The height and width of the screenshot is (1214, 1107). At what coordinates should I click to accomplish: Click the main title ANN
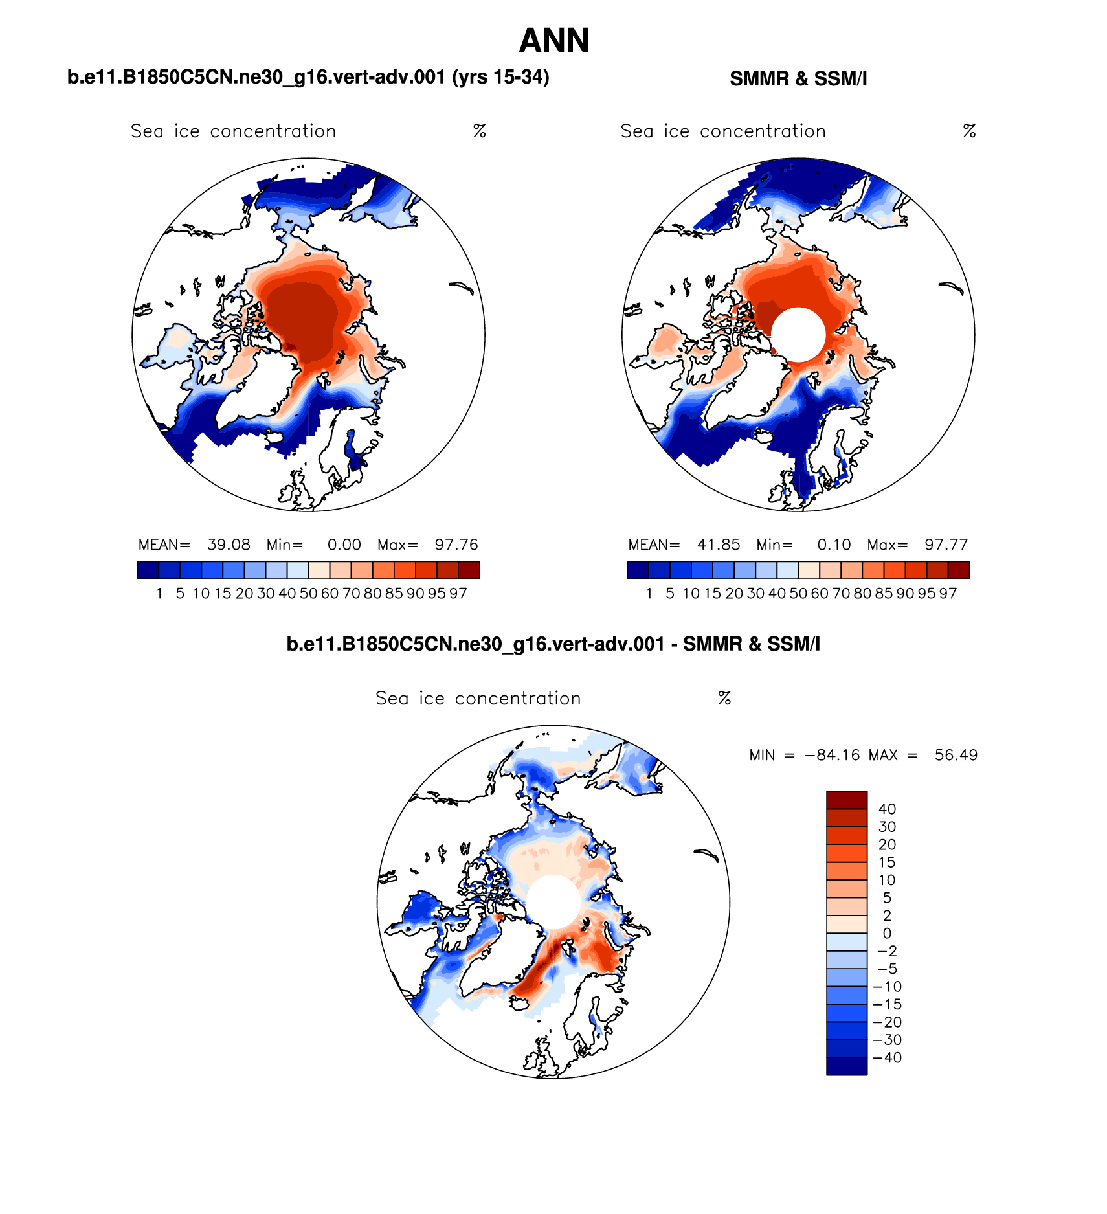pos(553,41)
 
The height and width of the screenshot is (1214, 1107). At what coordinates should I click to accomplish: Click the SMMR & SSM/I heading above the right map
pos(798,79)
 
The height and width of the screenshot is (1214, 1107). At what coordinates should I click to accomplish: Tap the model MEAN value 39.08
pos(229,545)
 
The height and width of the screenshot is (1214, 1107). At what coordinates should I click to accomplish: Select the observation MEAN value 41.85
pos(719,545)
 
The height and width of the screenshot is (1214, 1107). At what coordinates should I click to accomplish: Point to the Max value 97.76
pos(456,545)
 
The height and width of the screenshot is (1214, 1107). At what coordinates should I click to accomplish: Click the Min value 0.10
pos(834,545)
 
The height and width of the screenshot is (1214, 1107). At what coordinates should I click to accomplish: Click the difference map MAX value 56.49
pos(956,755)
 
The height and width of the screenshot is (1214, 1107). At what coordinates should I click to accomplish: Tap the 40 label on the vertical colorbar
pos(887,809)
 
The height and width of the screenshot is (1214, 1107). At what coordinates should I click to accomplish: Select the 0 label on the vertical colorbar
pos(887,933)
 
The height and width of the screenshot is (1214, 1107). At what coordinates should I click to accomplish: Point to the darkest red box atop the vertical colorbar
pos(846,800)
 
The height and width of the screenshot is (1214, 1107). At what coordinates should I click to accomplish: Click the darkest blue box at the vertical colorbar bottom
pos(846,1066)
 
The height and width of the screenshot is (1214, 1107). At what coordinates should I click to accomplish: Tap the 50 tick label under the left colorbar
pos(308,594)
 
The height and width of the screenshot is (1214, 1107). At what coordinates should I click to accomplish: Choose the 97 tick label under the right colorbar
pos(948,594)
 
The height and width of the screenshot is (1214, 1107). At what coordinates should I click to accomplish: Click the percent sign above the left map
pos(479,131)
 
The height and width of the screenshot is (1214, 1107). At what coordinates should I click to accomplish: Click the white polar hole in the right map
pos(798,334)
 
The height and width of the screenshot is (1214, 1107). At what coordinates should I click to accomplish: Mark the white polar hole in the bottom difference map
pos(553,901)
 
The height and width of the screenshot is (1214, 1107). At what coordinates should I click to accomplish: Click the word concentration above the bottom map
pos(518,699)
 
